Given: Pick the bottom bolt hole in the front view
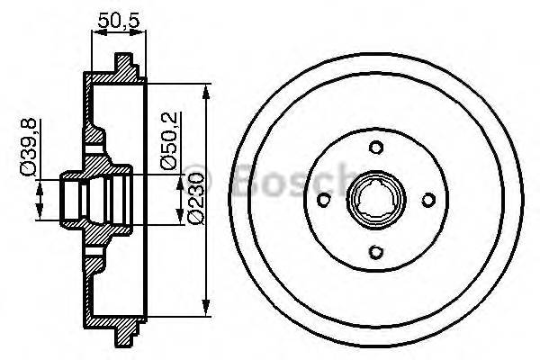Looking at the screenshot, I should tap(373, 255).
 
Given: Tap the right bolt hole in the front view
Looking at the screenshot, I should tap(428, 200).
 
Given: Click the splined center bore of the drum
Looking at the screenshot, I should tap(373, 200).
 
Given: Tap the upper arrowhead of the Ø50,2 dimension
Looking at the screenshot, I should tap(167, 171).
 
